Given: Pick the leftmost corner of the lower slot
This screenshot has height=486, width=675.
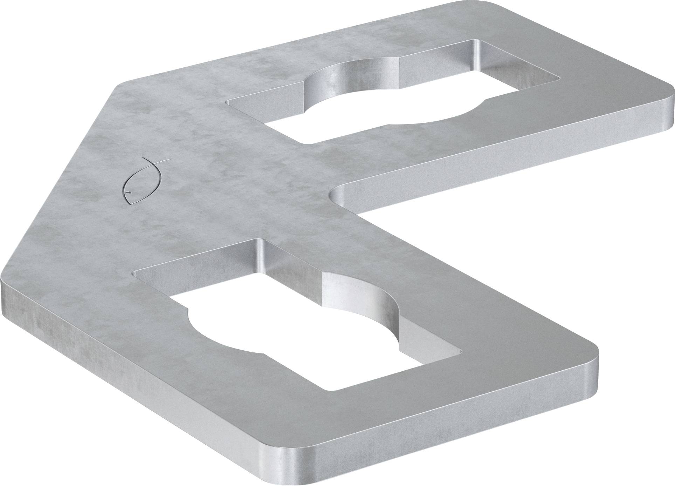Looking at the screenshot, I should point(135,272).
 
